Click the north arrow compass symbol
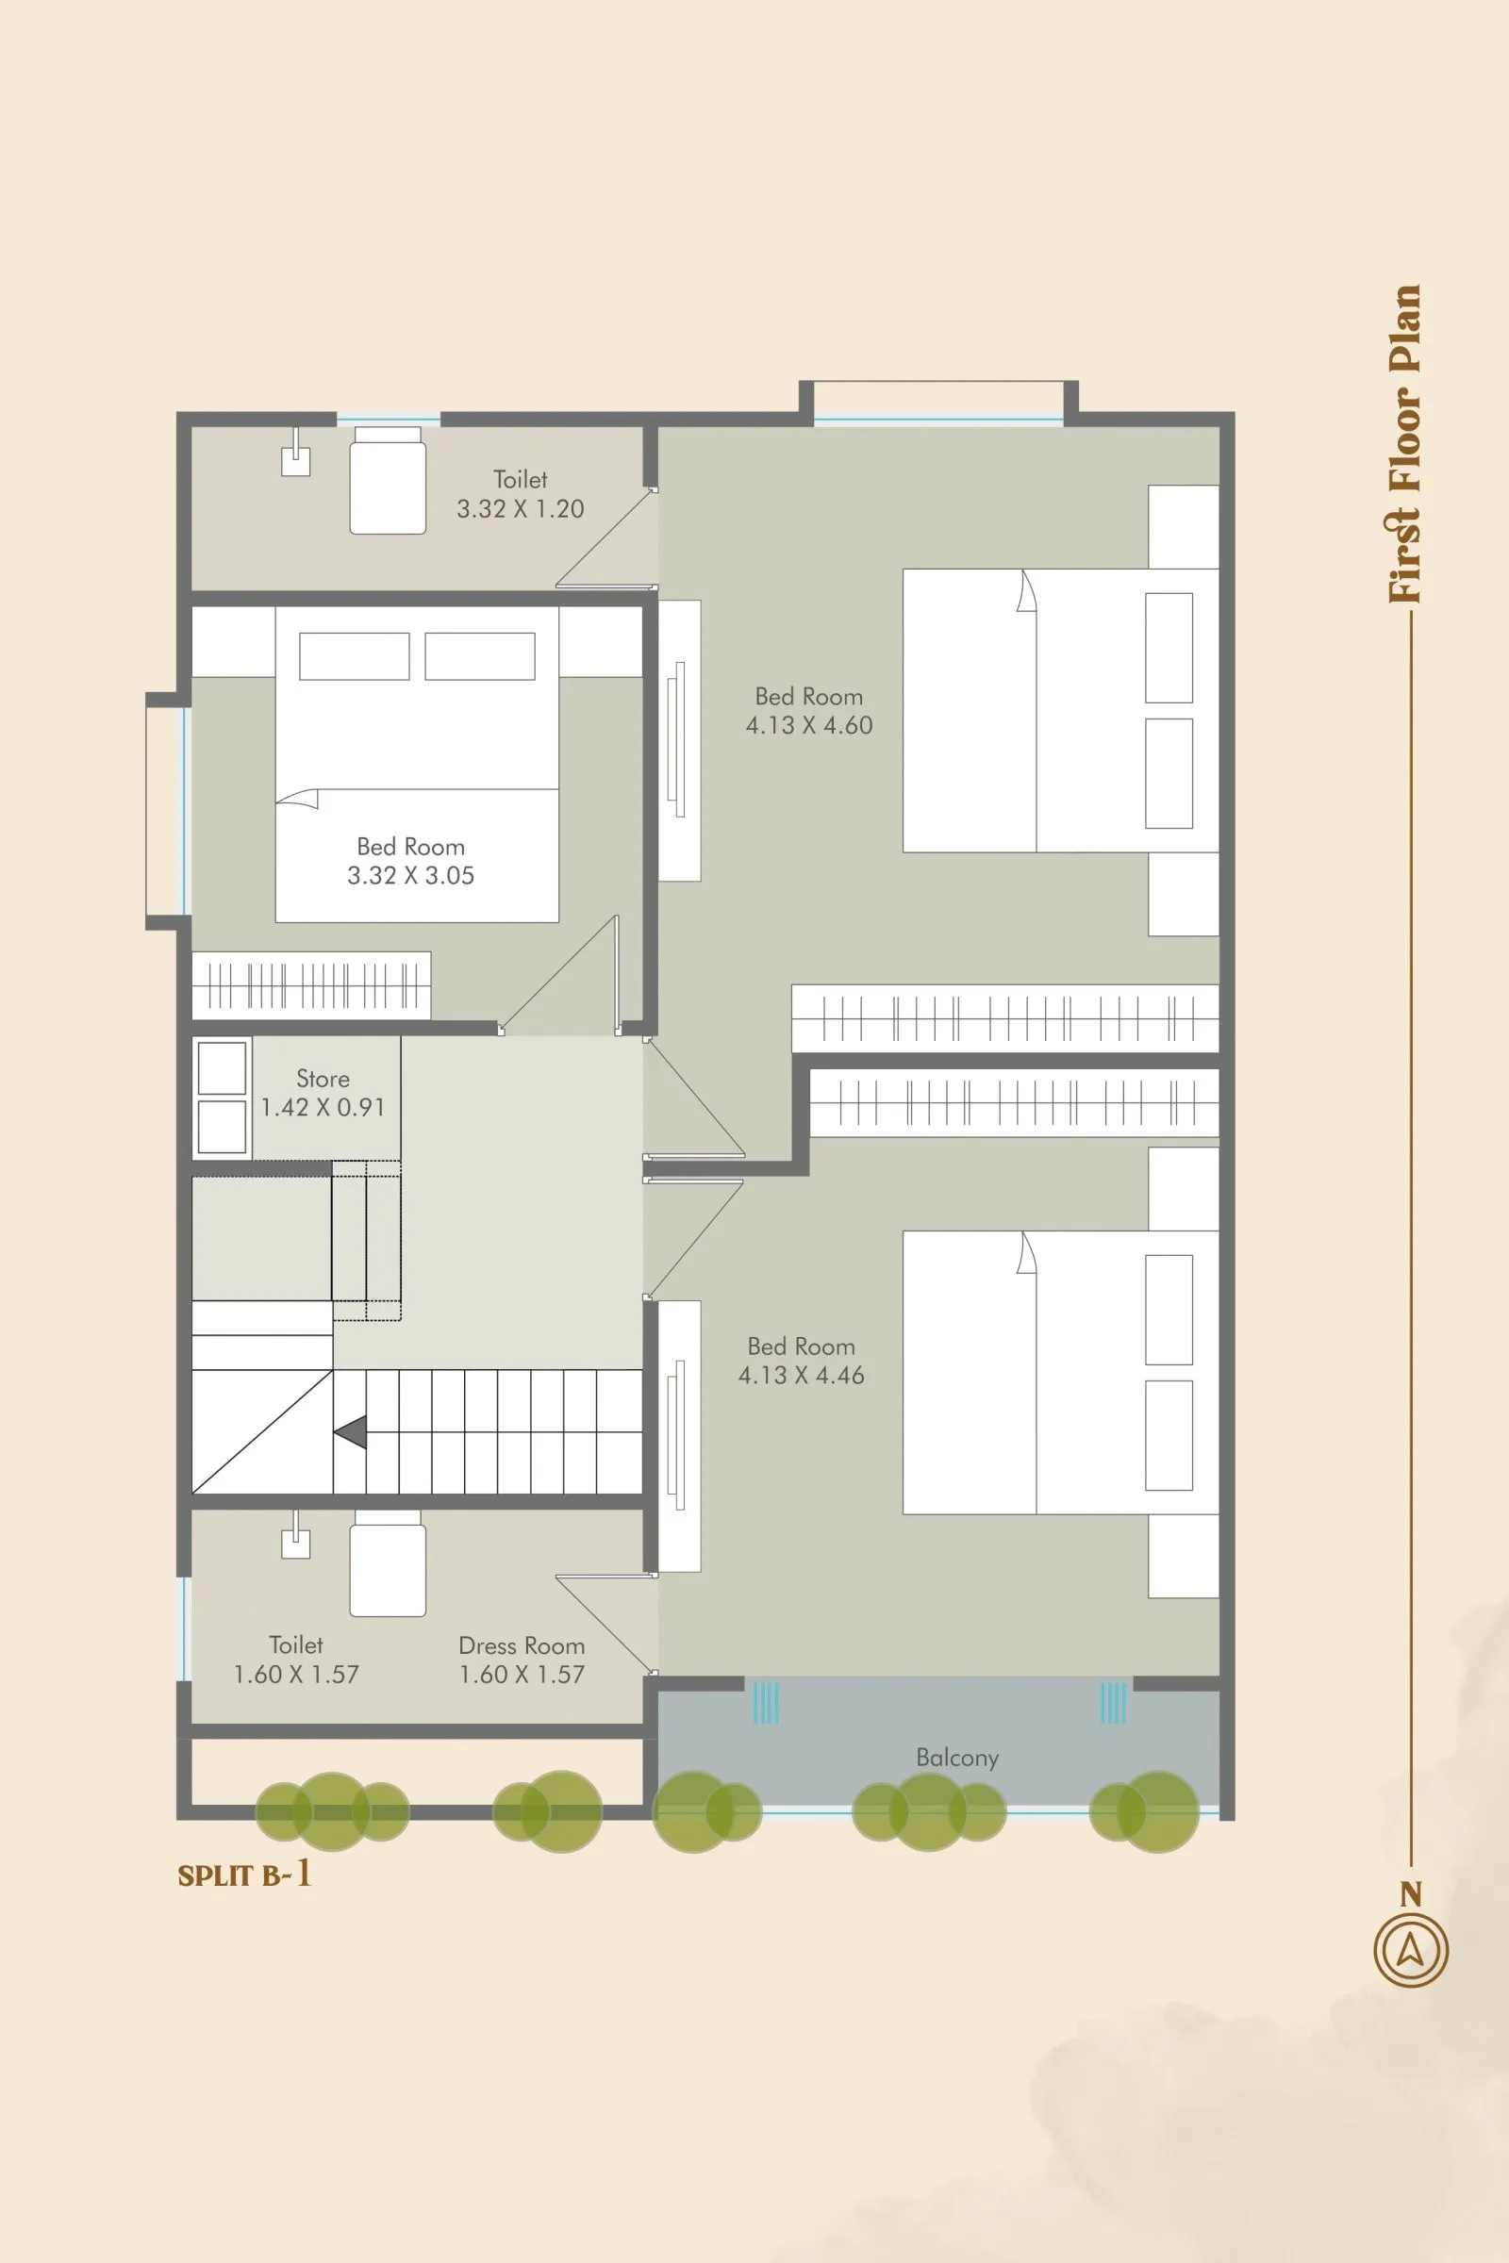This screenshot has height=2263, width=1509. pyautogui.click(x=1410, y=1950)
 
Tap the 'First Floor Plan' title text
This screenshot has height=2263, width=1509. pyautogui.click(x=1405, y=443)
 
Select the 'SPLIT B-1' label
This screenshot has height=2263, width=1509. pyautogui.click(x=244, y=1875)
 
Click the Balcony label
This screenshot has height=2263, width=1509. pyautogui.click(x=956, y=1758)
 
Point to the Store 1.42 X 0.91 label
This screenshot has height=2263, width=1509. pyautogui.click(x=323, y=1093)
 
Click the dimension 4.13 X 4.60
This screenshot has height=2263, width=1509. pyautogui.click(x=808, y=725)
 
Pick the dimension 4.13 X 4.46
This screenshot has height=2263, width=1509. pyautogui.click(x=801, y=1376)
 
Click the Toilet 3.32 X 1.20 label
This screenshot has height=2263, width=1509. pyautogui.click(x=520, y=493)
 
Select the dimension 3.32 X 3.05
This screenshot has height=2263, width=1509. pyautogui.click(x=410, y=876)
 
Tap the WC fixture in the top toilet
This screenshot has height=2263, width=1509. pyautogui.click(x=387, y=481)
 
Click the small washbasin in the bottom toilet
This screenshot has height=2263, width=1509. pyautogui.click(x=295, y=1544)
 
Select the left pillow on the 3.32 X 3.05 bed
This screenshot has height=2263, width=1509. pyautogui.click(x=355, y=656)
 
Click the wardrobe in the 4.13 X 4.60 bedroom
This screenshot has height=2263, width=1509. pyautogui.click(x=1004, y=1018)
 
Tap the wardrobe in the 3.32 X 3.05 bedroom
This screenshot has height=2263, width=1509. pyautogui.click(x=311, y=985)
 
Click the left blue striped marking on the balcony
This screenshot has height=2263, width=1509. pyautogui.click(x=765, y=1702)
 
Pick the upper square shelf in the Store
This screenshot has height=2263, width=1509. pyautogui.click(x=222, y=1068)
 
